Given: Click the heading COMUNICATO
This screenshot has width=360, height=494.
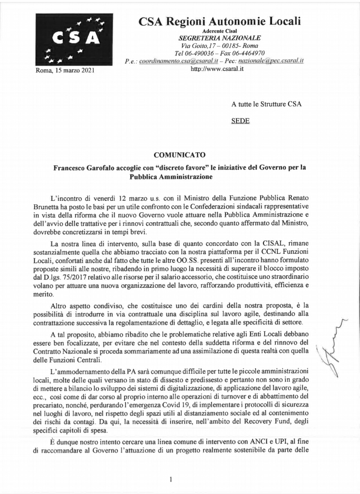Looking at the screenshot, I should tap(179, 155).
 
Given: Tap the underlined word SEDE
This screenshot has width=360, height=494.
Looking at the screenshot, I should tap(240, 121).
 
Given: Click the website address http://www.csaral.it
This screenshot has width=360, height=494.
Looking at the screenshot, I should tap(217, 69).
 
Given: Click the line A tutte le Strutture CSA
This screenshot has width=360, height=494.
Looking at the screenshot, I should tap(266, 104).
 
